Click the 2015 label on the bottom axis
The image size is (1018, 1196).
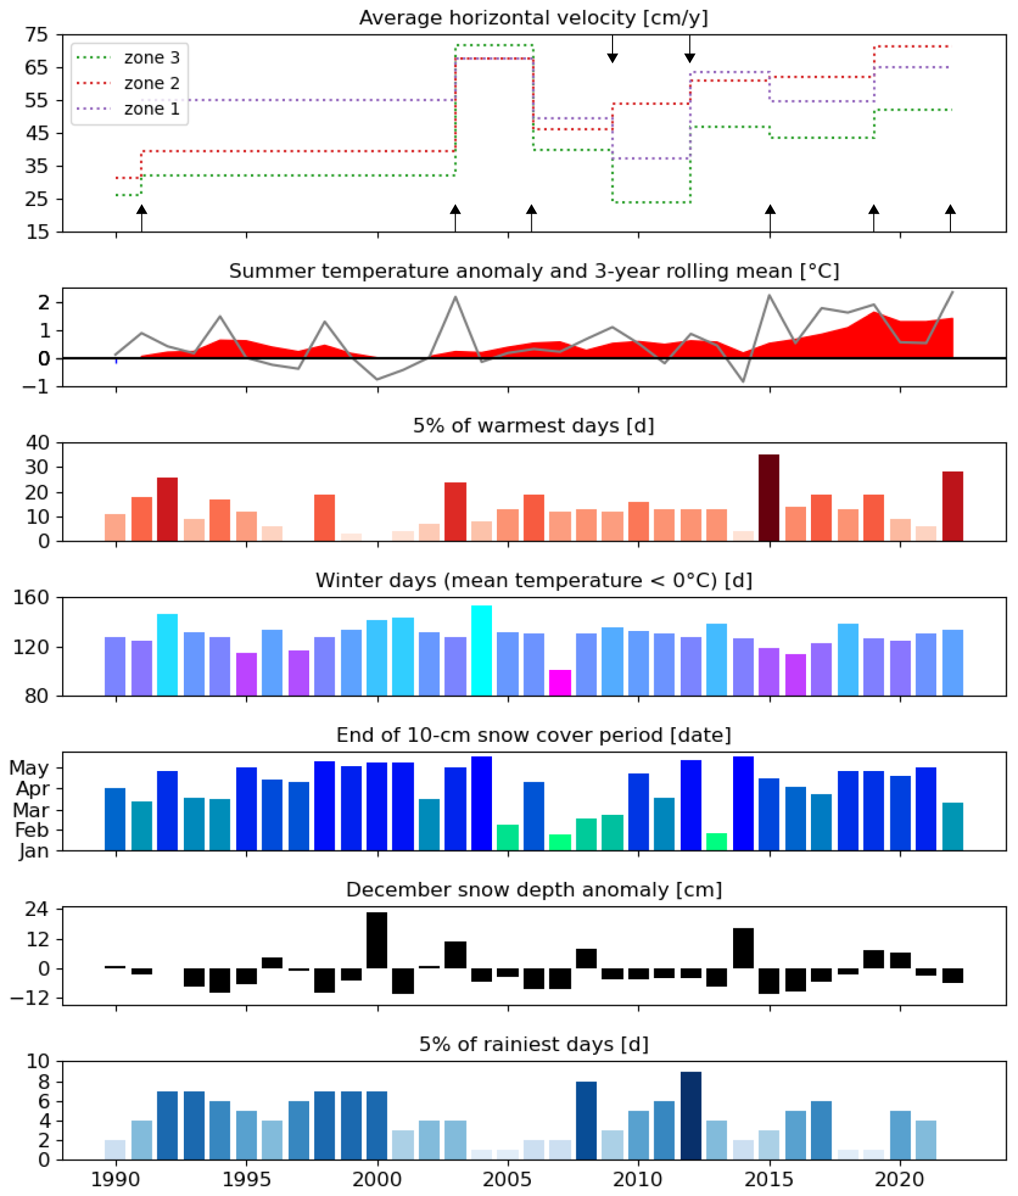point(770,1179)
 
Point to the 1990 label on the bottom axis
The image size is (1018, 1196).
point(116,1179)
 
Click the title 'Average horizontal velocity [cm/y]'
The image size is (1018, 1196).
point(533,18)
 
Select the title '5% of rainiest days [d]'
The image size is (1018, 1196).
point(533,1044)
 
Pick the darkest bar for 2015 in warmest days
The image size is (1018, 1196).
point(769,497)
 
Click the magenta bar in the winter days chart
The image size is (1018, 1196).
point(560,683)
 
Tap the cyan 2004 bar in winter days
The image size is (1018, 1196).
point(481,650)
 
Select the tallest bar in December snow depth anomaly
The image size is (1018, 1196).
point(377,940)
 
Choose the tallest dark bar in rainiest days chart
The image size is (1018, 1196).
point(691,1116)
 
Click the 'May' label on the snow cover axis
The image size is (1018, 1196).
point(29,768)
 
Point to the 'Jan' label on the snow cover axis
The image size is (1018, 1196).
point(34,852)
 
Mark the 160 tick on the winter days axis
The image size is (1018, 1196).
point(31,597)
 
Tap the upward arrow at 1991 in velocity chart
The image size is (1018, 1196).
point(142,216)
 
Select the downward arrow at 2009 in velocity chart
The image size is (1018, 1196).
point(613,49)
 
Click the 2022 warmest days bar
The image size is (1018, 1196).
point(952,506)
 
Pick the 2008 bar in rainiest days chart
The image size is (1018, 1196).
point(587,1120)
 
